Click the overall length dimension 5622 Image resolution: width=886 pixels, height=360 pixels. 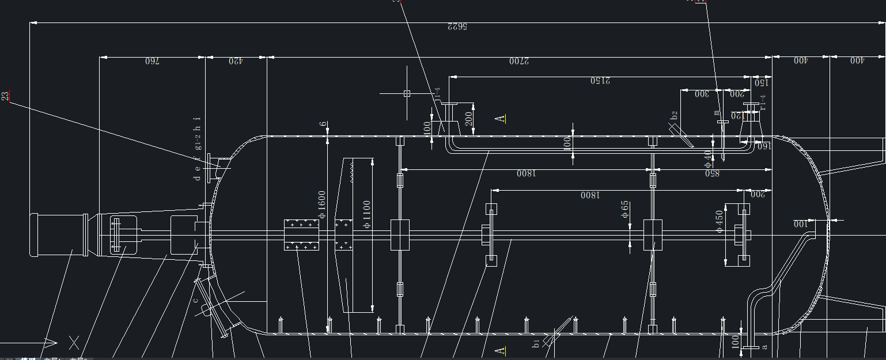point(457,26)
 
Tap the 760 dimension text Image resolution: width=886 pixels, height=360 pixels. point(152,60)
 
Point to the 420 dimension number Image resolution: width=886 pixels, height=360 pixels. point(235,60)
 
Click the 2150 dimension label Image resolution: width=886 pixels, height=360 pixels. point(600,81)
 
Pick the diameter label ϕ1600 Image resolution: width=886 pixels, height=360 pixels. point(322,204)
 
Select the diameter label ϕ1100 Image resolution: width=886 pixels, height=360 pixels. point(367,214)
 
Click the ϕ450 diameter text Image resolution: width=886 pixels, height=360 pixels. point(718,221)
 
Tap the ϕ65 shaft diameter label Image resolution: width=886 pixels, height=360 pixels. point(625,210)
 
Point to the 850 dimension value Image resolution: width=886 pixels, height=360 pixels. point(712,173)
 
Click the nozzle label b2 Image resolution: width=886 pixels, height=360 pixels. point(674,115)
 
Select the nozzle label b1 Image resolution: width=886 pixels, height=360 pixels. point(536,343)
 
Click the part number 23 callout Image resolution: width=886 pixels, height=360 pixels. point(6,96)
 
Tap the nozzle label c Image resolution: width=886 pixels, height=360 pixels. point(196,300)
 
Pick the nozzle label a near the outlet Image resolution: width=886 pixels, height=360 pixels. point(765,347)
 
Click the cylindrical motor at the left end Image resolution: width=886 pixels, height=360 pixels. point(58,234)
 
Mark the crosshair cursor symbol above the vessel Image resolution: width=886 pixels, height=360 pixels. point(407,93)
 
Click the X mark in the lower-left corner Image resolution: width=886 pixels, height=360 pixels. point(74,343)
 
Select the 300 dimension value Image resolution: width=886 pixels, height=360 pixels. point(702,94)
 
